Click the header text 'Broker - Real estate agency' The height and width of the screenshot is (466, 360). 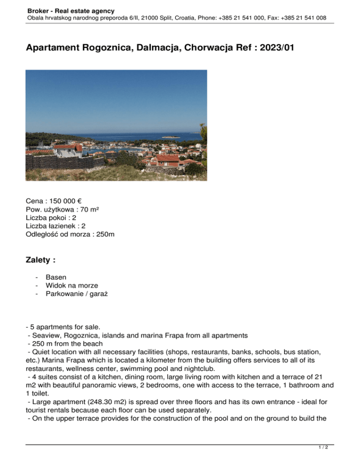(70, 10)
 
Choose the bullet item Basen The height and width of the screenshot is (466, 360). (56, 277)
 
